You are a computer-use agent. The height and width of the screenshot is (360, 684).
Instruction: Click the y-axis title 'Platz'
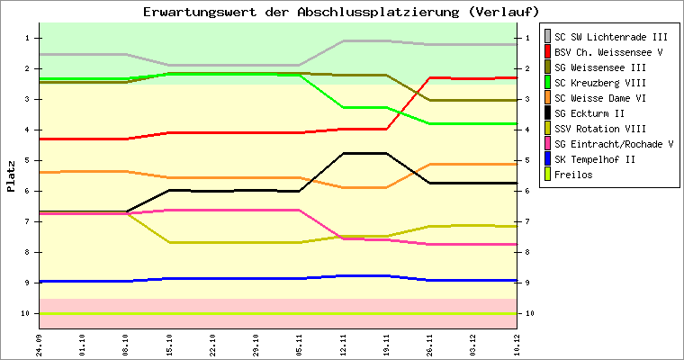pos(12,176)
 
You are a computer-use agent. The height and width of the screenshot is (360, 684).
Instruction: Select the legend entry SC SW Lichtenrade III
pos(611,37)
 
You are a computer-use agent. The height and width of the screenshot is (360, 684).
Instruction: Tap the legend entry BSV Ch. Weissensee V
pos(611,52)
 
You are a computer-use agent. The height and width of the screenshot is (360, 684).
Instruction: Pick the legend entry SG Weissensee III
pos(600,67)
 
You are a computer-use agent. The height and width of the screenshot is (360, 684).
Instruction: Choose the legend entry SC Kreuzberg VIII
pos(603,83)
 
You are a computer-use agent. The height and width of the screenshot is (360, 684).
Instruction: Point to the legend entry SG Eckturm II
pos(590,113)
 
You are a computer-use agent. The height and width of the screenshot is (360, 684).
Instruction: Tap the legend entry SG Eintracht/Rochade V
pos(615,144)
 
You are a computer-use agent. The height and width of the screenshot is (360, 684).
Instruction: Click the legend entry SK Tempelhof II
pos(597,159)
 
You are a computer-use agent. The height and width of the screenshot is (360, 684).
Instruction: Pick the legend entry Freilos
pos(574,175)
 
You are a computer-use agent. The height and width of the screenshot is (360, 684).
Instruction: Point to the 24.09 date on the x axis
pos(40,344)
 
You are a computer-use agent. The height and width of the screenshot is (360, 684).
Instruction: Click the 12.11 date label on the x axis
pos(343,344)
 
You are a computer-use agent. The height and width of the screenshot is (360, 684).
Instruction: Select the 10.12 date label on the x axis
pos(517,344)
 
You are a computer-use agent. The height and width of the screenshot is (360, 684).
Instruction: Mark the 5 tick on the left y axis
pos(28,160)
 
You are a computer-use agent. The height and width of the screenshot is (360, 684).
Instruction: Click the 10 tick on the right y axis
pos(530,313)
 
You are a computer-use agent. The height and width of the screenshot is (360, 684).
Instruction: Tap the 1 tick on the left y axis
pos(28,38)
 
